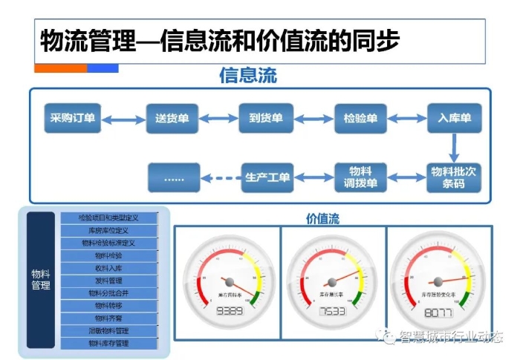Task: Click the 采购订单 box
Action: [x=72, y=119]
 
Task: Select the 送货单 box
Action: [x=172, y=119]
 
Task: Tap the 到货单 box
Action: [x=266, y=119]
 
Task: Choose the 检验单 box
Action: [x=360, y=119]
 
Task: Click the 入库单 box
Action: [x=455, y=119]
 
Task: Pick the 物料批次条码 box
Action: [x=454, y=177]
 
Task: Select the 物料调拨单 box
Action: [x=361, y=177]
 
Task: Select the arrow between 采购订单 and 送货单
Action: [x=123, y=119]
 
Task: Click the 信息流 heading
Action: [x=247, y=76]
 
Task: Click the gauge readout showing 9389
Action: [x=230, y=311]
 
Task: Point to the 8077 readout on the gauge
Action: [x=438, y=312]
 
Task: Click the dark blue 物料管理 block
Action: [x=41, y=280]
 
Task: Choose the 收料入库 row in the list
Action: [x=109, y=268]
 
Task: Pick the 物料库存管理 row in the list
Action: [x=109, y=344]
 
